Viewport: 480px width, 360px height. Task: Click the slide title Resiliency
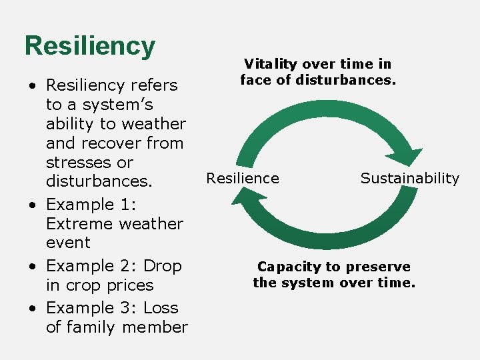pos(89,46)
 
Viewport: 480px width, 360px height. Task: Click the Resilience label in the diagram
pos(243,178)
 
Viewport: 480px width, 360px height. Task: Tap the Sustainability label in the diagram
pos(409,178)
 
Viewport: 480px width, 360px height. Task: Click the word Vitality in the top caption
pos(271,64)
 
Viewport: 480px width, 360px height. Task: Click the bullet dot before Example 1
pos(32,205)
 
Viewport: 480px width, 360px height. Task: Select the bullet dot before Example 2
pos(32,266)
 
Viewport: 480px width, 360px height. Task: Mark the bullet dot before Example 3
pos(32,308)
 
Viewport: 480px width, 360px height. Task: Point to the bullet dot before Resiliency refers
pos(32,85)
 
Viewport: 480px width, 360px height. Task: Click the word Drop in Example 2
pos(163,266)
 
